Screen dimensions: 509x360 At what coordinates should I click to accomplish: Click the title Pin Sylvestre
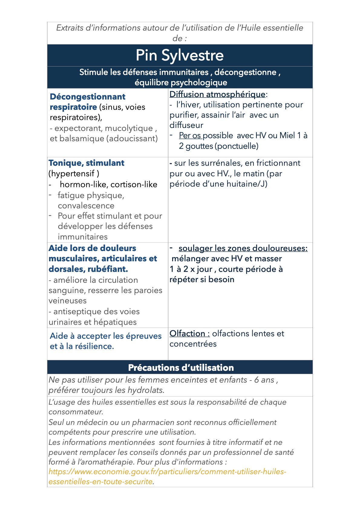point(180,55)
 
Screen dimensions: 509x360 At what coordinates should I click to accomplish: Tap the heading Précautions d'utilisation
point(181,367)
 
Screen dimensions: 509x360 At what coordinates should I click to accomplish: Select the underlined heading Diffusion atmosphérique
point(217,94)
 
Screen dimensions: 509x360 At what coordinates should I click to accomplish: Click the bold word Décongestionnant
point(87,97)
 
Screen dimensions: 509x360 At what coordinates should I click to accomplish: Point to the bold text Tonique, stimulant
point(86,163)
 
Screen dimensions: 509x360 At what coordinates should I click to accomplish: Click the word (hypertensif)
point(74,174)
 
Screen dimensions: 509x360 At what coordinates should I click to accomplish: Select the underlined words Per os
point(190,135)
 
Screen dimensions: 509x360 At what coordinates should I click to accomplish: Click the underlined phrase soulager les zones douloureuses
point(243,248)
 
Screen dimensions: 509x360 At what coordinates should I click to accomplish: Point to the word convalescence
point(86,206)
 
